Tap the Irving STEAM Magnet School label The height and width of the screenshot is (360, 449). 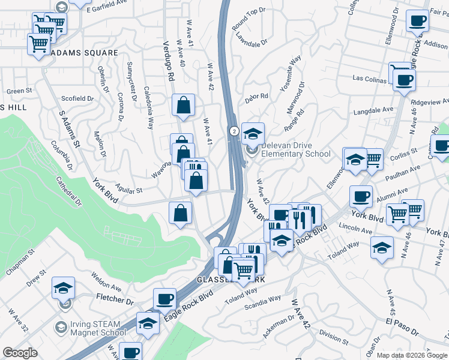click(x=97, y=328)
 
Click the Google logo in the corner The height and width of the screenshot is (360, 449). click(x=20, y=353)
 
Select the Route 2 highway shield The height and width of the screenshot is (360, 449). click(x=234, y=130)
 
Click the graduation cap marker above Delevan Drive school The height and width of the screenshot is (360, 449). click(x=253, y=133)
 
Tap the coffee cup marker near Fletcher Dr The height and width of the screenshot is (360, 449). click(x=164, y=299)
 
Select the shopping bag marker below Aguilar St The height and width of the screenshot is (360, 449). click(x=181, y=212)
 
